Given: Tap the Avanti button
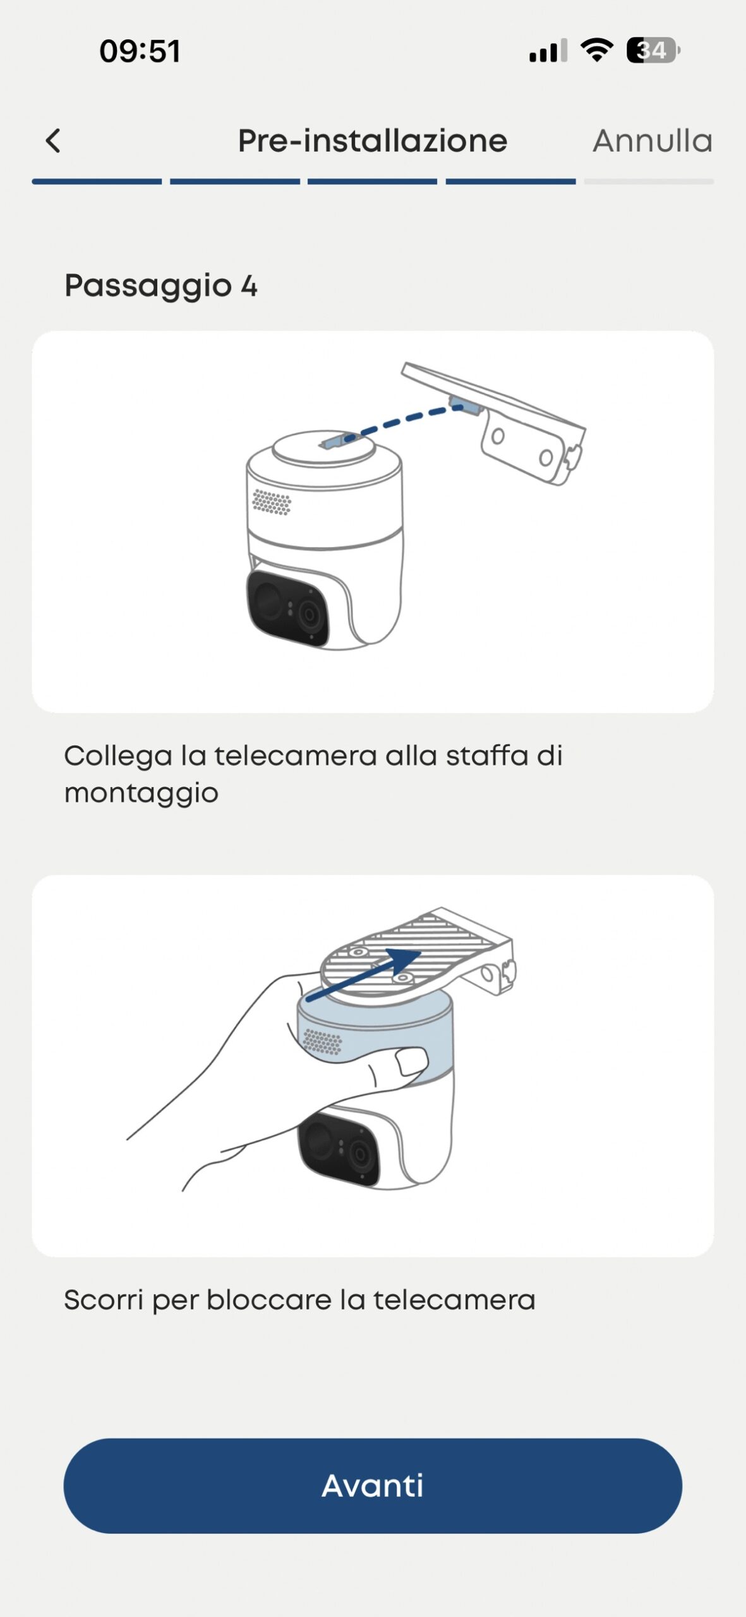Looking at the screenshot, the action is [x=373, y=1485].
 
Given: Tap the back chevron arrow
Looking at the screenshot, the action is [x=53, y=140].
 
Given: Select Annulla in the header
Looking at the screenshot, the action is [x=653, y=140].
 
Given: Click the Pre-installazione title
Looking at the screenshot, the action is [x=373, y=140].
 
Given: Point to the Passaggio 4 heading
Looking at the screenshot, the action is [x=161, y=286].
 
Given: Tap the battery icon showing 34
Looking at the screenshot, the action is [x=653, y=51].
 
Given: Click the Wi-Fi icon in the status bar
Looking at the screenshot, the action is [x=597, y=50].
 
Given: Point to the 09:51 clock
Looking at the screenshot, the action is [x=140, y=51].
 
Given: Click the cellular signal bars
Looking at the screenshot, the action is [x=548, y=51].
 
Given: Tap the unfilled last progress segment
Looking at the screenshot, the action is [x=649, y=182].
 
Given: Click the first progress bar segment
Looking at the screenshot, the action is [x=97, y=182].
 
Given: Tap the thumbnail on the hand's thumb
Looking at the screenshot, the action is [x=412, y=1061].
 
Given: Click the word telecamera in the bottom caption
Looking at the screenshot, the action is [x=454, y=1300].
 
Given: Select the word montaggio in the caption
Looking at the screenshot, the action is [x=141, y=793].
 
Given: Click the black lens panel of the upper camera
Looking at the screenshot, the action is [x=288, y=608].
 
